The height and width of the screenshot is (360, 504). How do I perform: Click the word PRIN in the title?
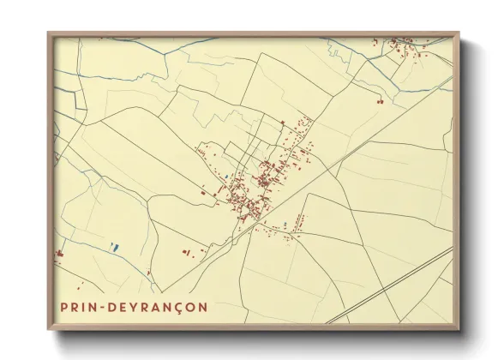(x=78, y=306)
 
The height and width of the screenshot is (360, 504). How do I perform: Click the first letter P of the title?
(x=64, y=306)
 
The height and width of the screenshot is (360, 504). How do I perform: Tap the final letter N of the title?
(x=201, y=306)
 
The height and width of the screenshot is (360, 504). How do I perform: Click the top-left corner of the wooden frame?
(x=48, y=33)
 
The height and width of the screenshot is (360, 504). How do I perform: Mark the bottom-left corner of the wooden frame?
(x=48, y=330)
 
